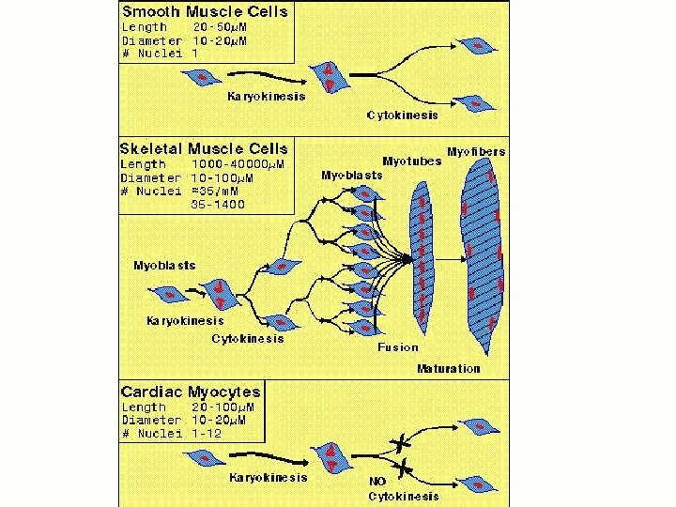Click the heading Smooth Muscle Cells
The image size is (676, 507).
(x=205, y=12)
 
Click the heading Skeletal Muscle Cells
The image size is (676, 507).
(x=205, y=148)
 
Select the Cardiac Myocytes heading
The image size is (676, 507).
(x=191, y=392)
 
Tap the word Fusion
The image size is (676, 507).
(x=398, y=346)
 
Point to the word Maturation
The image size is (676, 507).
(x=448, y=368)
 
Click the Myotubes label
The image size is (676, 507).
(x=411, y=161)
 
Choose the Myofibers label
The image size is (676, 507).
(x=475, y=151)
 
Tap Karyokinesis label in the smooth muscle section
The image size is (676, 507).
(x=268, y=97)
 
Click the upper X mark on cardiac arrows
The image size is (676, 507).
(x=406, y=441)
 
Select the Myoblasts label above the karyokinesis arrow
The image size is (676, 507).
(x=164, y=266)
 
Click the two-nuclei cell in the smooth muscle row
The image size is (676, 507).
(x=330, y=77)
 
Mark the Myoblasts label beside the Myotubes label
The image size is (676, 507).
(x=352, y=175)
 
